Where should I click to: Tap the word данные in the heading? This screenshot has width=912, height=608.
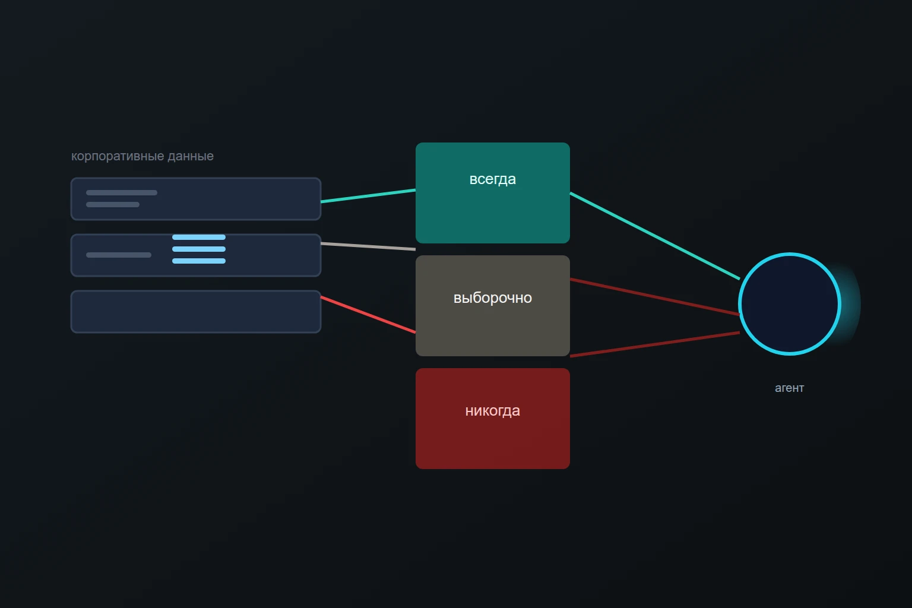click(x=191, y=156)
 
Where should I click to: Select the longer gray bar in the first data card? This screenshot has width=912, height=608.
click(x=121, y=192)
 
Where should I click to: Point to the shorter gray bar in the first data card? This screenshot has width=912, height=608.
click(x=113, y=204)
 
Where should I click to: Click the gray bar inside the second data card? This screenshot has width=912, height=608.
click(x=119, y=255)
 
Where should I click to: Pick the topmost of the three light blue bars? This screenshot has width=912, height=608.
click(x=199, y=237)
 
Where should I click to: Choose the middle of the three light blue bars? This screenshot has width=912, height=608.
click(x=199, y=249)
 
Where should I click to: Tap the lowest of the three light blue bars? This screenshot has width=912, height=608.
click(x=199, y=261)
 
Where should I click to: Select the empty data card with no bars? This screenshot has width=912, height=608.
click(x=196, y=312)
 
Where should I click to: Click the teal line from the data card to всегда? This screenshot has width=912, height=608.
click(x=368, y=195)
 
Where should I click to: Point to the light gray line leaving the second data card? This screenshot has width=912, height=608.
click(x=368, y=246)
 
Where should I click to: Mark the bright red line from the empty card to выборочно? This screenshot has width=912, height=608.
click(x=368, y=315)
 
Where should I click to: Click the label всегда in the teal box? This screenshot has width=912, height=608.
click(x=493, y=179)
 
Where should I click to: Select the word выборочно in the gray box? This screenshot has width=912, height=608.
click(x=493, y=298)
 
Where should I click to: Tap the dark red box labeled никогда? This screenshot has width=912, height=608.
click(x=493, y=418)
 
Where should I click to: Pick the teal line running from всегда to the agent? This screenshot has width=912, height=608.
click(x=655, y=236)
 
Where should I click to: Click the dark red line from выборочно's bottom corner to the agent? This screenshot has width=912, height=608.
click(x=655, y=344)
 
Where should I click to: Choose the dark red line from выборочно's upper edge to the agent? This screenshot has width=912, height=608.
click(x=655, y=297)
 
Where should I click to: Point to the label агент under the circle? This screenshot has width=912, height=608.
click(x=790, y=388)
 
